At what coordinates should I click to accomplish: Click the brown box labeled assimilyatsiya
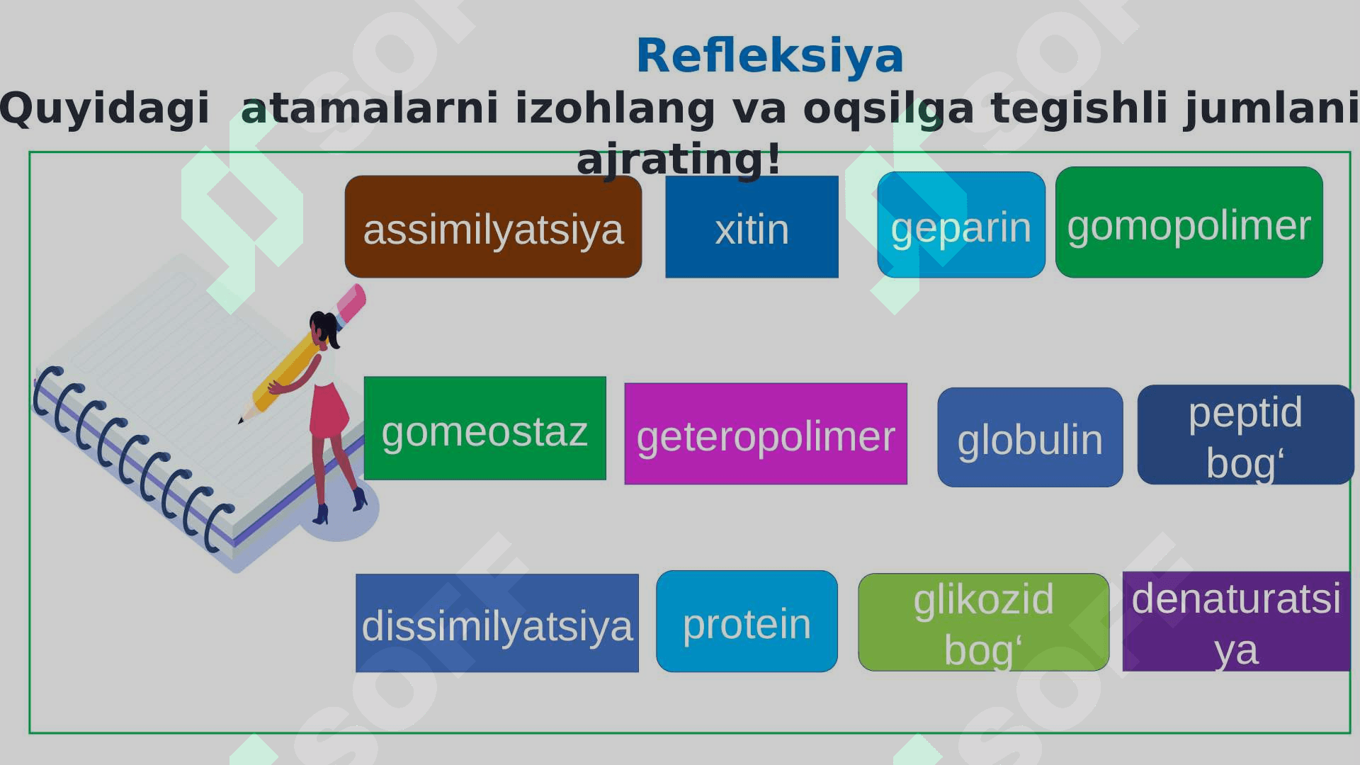point(493,227)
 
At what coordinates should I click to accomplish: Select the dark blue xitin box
point(752,227)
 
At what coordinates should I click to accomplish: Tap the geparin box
point(961,225)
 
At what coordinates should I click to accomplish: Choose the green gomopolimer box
point(1189,222)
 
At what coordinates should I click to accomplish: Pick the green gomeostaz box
point(485,428)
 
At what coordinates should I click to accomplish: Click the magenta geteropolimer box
point(766,433)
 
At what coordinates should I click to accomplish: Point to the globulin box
point(1030,437)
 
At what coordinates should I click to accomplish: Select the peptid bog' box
point(1245,434)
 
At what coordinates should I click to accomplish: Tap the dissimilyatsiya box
point(497,623)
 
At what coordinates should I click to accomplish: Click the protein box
point(747,621)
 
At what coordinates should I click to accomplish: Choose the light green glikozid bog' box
point(983,622)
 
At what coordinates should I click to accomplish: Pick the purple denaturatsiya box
point(1236,621)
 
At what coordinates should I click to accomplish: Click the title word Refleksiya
point(770,55)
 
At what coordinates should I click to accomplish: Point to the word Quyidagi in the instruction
point(104,108)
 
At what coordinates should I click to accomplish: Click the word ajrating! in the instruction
point(679,159)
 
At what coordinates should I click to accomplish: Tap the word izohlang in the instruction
point(615,108)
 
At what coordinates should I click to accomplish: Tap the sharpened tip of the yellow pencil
point(241,421)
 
